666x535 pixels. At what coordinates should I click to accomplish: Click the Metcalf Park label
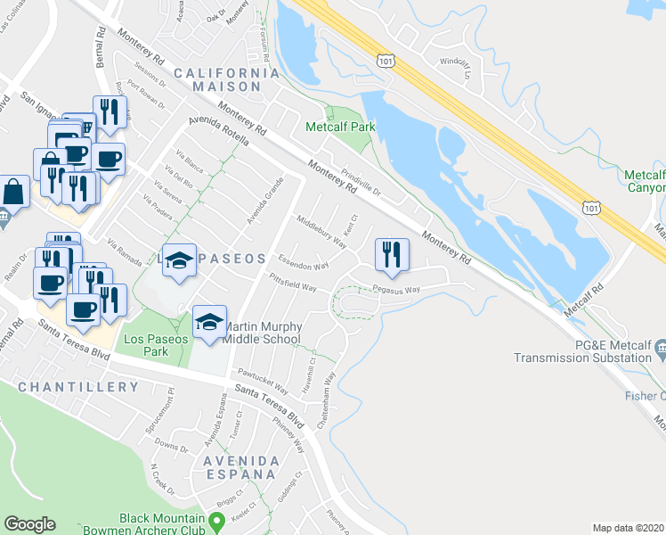(340, 127)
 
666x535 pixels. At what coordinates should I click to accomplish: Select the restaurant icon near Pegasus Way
(392, 255)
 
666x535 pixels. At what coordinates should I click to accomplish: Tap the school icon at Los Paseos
(179, 260)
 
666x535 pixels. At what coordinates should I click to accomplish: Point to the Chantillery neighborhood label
(78, 387)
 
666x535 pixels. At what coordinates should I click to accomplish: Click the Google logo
(29, 524)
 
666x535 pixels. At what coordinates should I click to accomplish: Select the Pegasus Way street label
(396, 290)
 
